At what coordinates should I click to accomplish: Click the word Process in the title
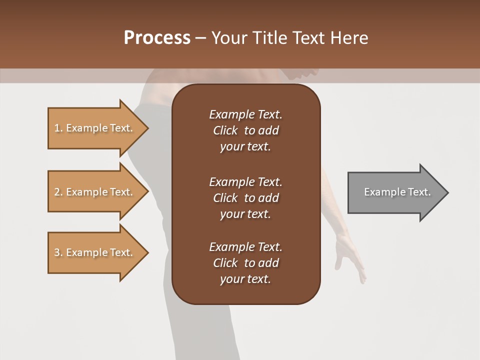click(157, 38)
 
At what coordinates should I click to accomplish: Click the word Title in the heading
click(269, 38)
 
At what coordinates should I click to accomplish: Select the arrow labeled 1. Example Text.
click(95, 128)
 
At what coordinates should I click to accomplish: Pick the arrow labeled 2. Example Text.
click(95, 192)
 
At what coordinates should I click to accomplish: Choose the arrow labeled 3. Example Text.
click(95, 252)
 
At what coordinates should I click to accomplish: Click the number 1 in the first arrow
click(57, 128)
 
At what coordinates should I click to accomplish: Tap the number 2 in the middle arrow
click(57, 192)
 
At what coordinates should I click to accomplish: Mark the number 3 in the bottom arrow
click(57, 252)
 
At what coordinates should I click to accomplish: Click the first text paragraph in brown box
click(245, 130)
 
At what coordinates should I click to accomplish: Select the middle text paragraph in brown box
click(245, 198)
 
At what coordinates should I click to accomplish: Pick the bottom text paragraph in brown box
click(245, 263)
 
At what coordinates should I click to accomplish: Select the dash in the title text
click(200, 38)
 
